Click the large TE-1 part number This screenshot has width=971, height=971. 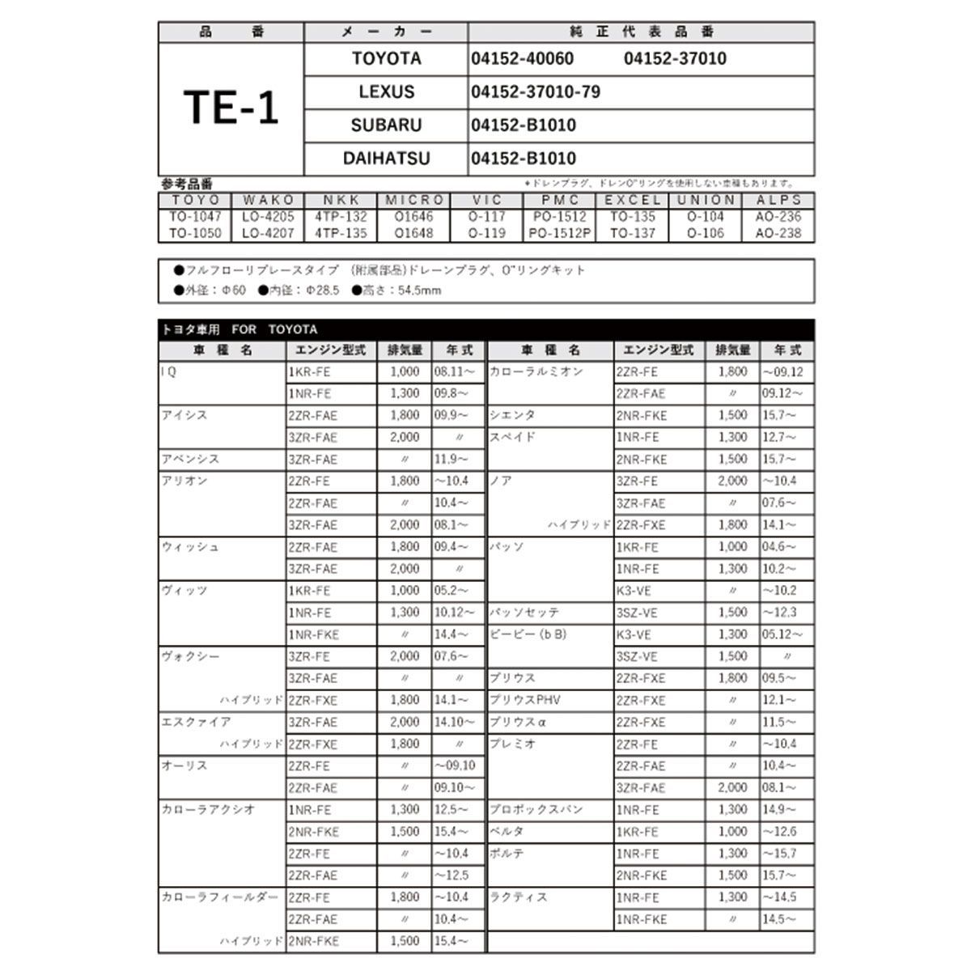(231, 108)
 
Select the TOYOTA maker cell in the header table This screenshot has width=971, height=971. (386, 58)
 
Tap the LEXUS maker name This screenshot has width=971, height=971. (386, 91)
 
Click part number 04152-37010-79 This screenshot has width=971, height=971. (536, 91)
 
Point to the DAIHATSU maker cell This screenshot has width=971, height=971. (386, 158)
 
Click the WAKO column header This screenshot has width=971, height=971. (268, 200)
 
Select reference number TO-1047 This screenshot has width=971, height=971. (195, 217)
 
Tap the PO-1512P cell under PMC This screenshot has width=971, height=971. (560, 233)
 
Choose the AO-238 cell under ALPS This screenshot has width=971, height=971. (778, 233)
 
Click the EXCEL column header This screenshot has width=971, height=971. (633, 200)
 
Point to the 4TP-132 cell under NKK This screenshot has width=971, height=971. (341, 217)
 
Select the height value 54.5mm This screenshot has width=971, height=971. (419, 290)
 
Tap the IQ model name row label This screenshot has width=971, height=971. (168, 372)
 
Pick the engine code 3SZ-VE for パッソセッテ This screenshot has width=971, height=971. (637, 613)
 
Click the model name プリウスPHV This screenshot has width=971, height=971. (524, 700)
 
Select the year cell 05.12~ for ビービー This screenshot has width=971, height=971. (782, 634)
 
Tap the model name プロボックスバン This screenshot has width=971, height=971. (536, 809)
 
